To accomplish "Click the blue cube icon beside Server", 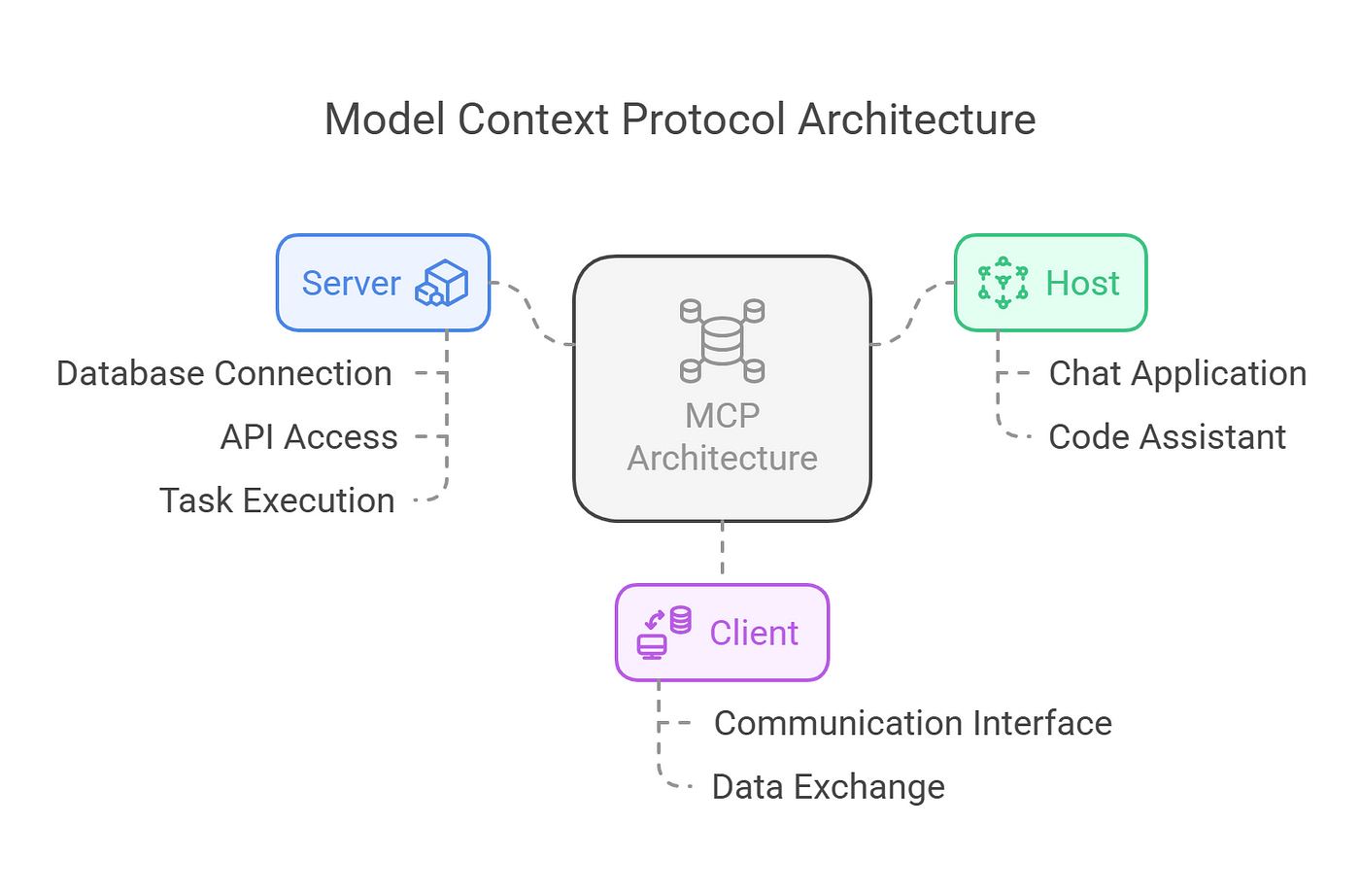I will pyautogui.click(x=442, y=283).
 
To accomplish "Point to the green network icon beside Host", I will pyautogui.click(x=1003, y=283).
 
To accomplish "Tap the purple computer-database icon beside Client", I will pyautogui.click(x=664, y=633).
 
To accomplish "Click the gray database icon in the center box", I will pyautogui.click(x=722, y=340).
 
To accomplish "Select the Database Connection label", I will pyautogui.click(x=224, y=374).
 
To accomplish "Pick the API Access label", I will pyautogui.click(x=309, y=437).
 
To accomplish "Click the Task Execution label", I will pyautogui.click(x=277, y=500).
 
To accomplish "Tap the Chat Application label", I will pyautogui.click(x=1177, y=374).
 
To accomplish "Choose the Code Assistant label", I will pyautogui.click(x=1167, y=437).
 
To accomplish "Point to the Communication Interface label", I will pyautogui.click(x=912, y=724).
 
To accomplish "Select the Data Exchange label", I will pyautogui.click(x=828, y=787).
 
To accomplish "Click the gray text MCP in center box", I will pyautogui.click(x=722, y=416).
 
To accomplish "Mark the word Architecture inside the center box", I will pyautogui.click(x=722, y=459).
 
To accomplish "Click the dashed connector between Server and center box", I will pyautogui.click(x=531, y=313).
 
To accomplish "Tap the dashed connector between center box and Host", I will pyautogui.click(x=913, y=313).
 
